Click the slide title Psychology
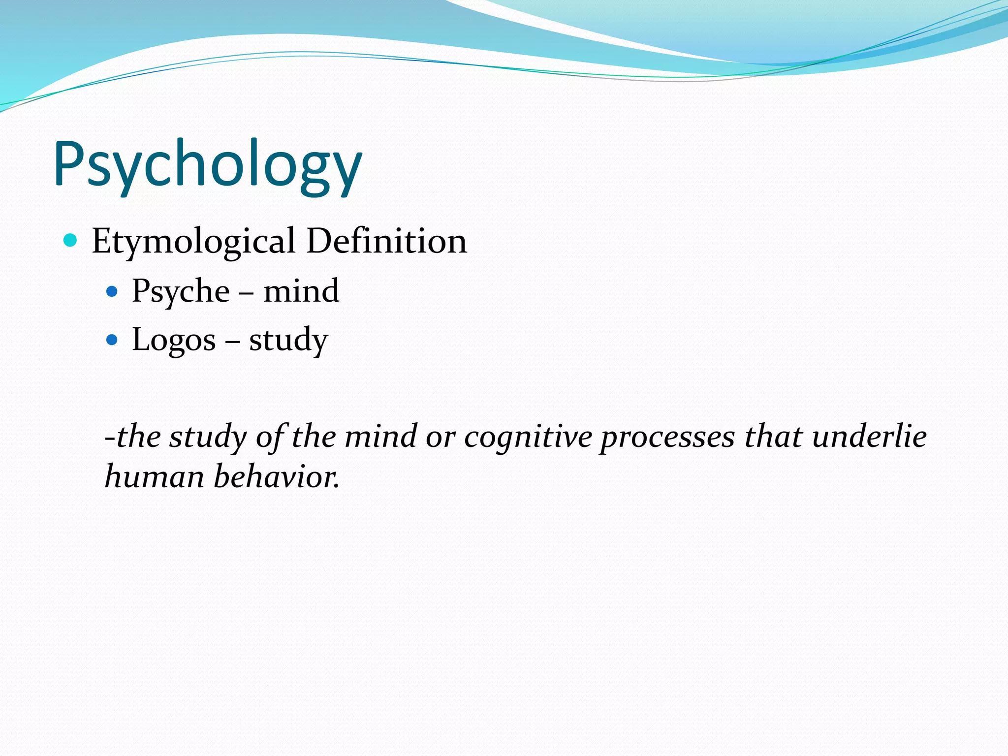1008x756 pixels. pyautogui.click(x=208, y=165)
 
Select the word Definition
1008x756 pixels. pyautogui.click(x=386, y=241)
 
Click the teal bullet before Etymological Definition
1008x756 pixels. pyautogui.click(x=71, y=240)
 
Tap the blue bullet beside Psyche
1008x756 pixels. pyautogui.click(x=112, y=291)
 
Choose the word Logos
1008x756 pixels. pyautogui.click(x=174, y=340)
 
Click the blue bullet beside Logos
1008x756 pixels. pyautogui.click(x=112, y=340)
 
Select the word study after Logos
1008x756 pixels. pyautogui.click(x=288, y=340)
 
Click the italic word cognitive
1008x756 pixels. pyautogui.click(x=528, y=437)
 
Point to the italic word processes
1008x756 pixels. pyautogui.click(x=667, y=437)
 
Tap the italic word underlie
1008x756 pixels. pyautogui.click(x=870, y=437)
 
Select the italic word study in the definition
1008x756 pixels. pyautogui.click(x=208, y=437)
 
